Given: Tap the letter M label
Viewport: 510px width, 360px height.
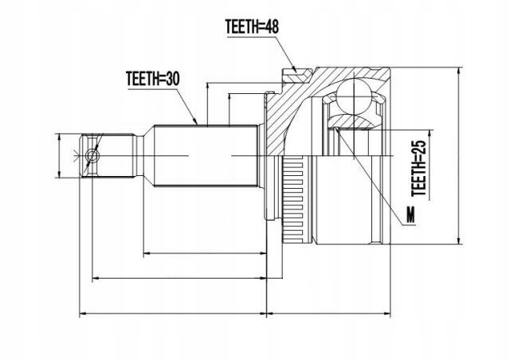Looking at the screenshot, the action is pyautogui.click(x=410, y=214).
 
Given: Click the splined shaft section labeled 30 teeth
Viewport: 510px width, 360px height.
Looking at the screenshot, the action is pyautogui.click(x=207, y=155).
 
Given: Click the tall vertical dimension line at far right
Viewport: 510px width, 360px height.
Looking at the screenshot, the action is pyautogui.click(x=460, y=155).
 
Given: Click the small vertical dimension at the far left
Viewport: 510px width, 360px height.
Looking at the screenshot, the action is pyautogui.click(x=60, y=155).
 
